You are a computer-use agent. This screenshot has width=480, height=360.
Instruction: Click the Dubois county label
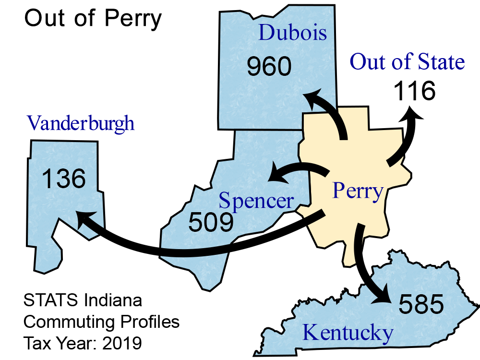tap(293, 33)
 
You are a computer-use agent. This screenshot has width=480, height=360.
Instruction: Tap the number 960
tap(269, 67)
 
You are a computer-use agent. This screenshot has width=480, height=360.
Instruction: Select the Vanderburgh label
tap(81, 123)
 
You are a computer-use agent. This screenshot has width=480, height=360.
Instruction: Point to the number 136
tap(64, 179)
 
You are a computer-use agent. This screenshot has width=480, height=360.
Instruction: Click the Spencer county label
tap(256, 201)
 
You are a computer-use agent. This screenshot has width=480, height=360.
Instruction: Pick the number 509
tap(211, 222)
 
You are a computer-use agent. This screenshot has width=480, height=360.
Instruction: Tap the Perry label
tap(358, 191)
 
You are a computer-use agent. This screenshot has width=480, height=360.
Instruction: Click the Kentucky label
tap(348, 333)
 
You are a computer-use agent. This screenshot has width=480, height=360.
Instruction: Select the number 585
tap(421, 304)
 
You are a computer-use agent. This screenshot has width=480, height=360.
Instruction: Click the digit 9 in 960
tap(254, 67)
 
